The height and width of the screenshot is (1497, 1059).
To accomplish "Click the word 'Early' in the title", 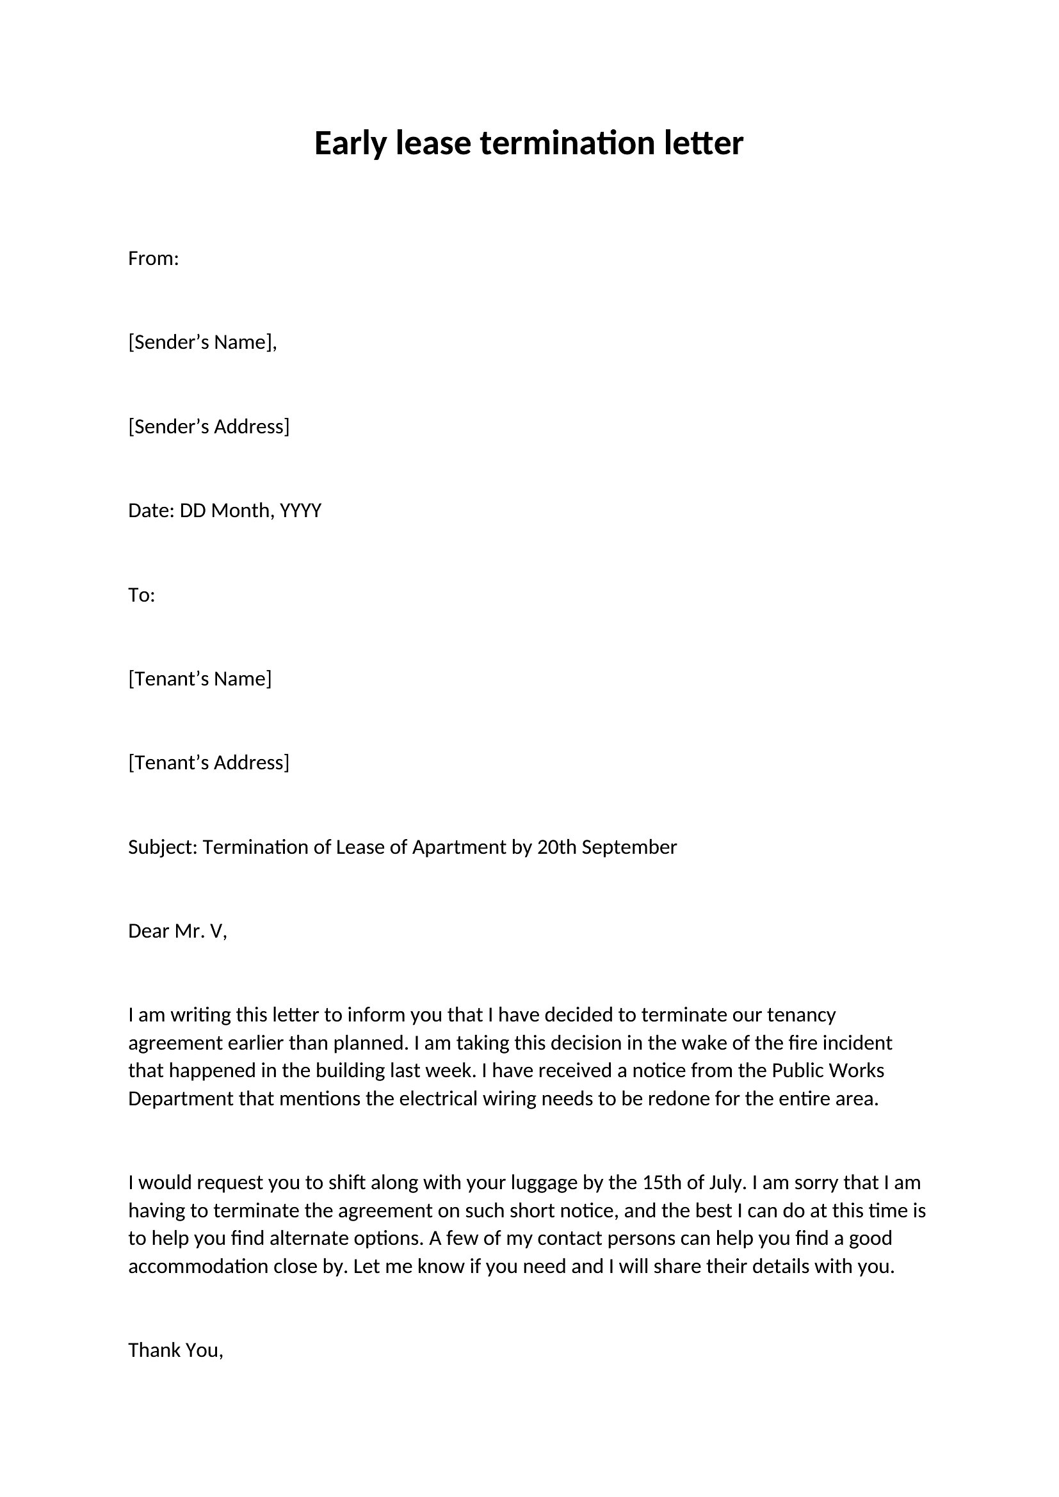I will pos(351,144).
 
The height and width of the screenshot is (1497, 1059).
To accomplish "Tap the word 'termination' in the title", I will pos(567,143).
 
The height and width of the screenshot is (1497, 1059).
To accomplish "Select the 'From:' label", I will pos(153,259).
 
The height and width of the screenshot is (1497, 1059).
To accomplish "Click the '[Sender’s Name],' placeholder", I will pos(202,342).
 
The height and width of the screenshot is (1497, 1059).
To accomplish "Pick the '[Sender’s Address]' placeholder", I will pos(209,426).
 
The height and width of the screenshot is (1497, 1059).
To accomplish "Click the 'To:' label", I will pos(141,595).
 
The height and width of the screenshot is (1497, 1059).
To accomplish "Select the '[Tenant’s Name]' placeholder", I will pos(200,678).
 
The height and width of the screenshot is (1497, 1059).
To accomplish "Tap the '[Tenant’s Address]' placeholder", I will pos(209,763).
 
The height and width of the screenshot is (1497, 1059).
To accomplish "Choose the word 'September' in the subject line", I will pos(629,847).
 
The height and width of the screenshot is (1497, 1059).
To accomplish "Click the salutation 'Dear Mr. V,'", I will pos(177,931).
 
